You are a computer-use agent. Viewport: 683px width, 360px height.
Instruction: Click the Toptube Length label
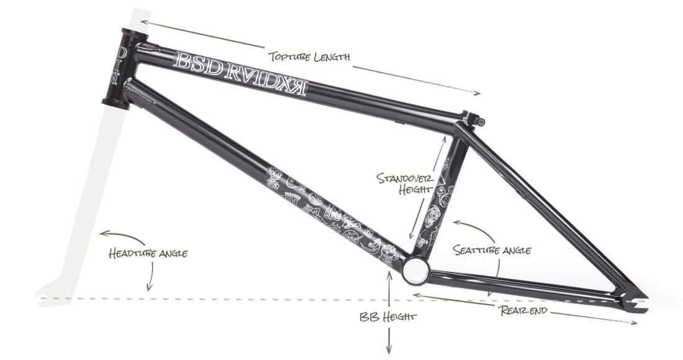tap(309, 57)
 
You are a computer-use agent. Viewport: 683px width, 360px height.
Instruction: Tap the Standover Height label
tap(404, 184)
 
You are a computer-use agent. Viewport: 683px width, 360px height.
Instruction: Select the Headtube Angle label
tap(148, 253)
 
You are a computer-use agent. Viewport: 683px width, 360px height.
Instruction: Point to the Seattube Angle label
tap(492, 250)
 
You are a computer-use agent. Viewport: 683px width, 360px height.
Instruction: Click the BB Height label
tap(388, 317)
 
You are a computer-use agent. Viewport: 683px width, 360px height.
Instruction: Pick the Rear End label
tap(523, 311)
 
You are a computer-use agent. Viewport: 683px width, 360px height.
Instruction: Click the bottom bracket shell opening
tap(415, 271)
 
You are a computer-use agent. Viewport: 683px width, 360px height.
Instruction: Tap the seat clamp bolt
tap(481, 122)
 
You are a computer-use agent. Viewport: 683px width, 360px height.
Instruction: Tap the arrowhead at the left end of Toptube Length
tap(145, 22)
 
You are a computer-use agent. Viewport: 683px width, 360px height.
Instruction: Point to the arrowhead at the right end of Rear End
tap(633, 323)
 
